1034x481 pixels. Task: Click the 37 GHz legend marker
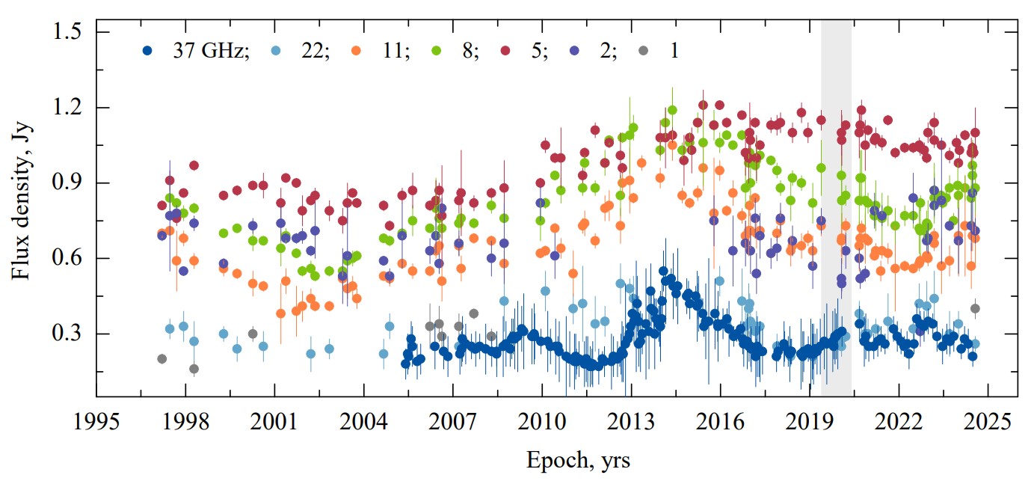pos(148,51)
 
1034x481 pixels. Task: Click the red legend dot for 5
pos(506,51)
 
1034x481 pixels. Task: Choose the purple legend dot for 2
pos(576,51)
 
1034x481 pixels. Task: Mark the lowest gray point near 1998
pos(194,369)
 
